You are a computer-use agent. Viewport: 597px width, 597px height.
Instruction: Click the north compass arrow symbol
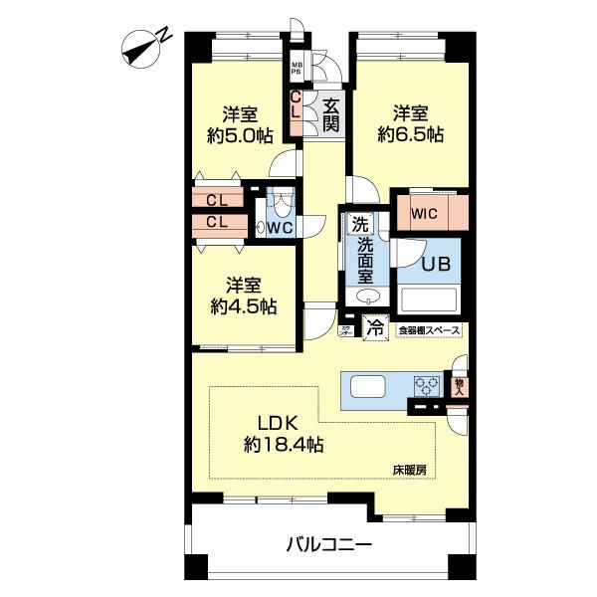click(x=145, y=45)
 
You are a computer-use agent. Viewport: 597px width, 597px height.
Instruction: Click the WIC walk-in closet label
click(x=426, y=212)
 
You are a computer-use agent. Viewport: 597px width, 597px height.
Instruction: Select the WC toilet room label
click(x=280, y=228)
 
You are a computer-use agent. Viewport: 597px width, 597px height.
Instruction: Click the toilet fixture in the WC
click(x=283, y=204)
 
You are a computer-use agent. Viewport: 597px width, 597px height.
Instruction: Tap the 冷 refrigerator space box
click(x=375, y=325)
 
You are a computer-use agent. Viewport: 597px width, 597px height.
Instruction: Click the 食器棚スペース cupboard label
click(x=429, y=329)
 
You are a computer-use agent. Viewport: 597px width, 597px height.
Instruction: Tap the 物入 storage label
click(x=459, y=383)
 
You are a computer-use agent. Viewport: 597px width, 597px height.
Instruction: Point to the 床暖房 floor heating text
click(x=407, y=469)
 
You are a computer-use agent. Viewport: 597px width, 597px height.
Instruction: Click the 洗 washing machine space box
click(x=355, y=225)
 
